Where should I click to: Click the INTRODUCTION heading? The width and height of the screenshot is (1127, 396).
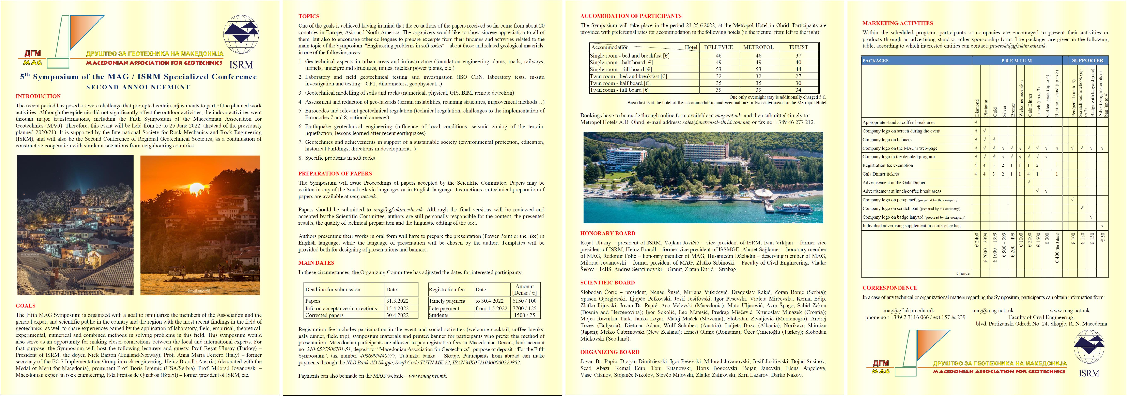click(38, 96)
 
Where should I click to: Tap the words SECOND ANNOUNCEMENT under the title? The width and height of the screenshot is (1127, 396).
click(138, 87)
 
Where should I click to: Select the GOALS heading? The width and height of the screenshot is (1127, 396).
click(25, 306)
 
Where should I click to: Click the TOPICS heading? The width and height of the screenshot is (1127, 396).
click(309, 16)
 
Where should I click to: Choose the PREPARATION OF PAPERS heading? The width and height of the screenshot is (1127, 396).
click(335, 173)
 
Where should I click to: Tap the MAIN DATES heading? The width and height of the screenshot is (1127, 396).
click(316, 263)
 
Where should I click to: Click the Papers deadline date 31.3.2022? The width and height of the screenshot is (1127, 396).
click(397, 301)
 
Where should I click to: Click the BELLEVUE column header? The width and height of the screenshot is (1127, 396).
click(718, 47)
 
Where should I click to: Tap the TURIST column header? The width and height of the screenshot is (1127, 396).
click(798, 47)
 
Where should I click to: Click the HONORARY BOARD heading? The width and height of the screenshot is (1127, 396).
click(608, 234)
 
